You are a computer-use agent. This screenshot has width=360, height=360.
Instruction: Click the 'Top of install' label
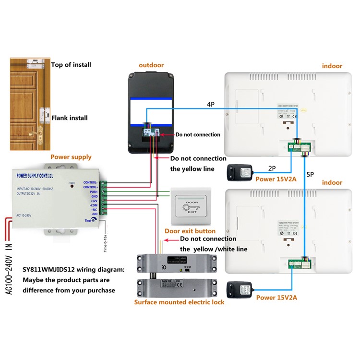[x=71, y=65]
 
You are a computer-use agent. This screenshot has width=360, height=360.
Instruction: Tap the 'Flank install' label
[x=70, y=117]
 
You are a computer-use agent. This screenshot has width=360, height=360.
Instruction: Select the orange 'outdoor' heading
[x=151, y=65]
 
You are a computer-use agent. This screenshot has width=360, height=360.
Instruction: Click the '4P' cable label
[x=210, y=104]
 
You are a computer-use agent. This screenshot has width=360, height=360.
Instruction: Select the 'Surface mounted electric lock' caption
[x=179, y=302]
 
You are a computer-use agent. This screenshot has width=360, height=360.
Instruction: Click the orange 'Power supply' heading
[x=71, y=156]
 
